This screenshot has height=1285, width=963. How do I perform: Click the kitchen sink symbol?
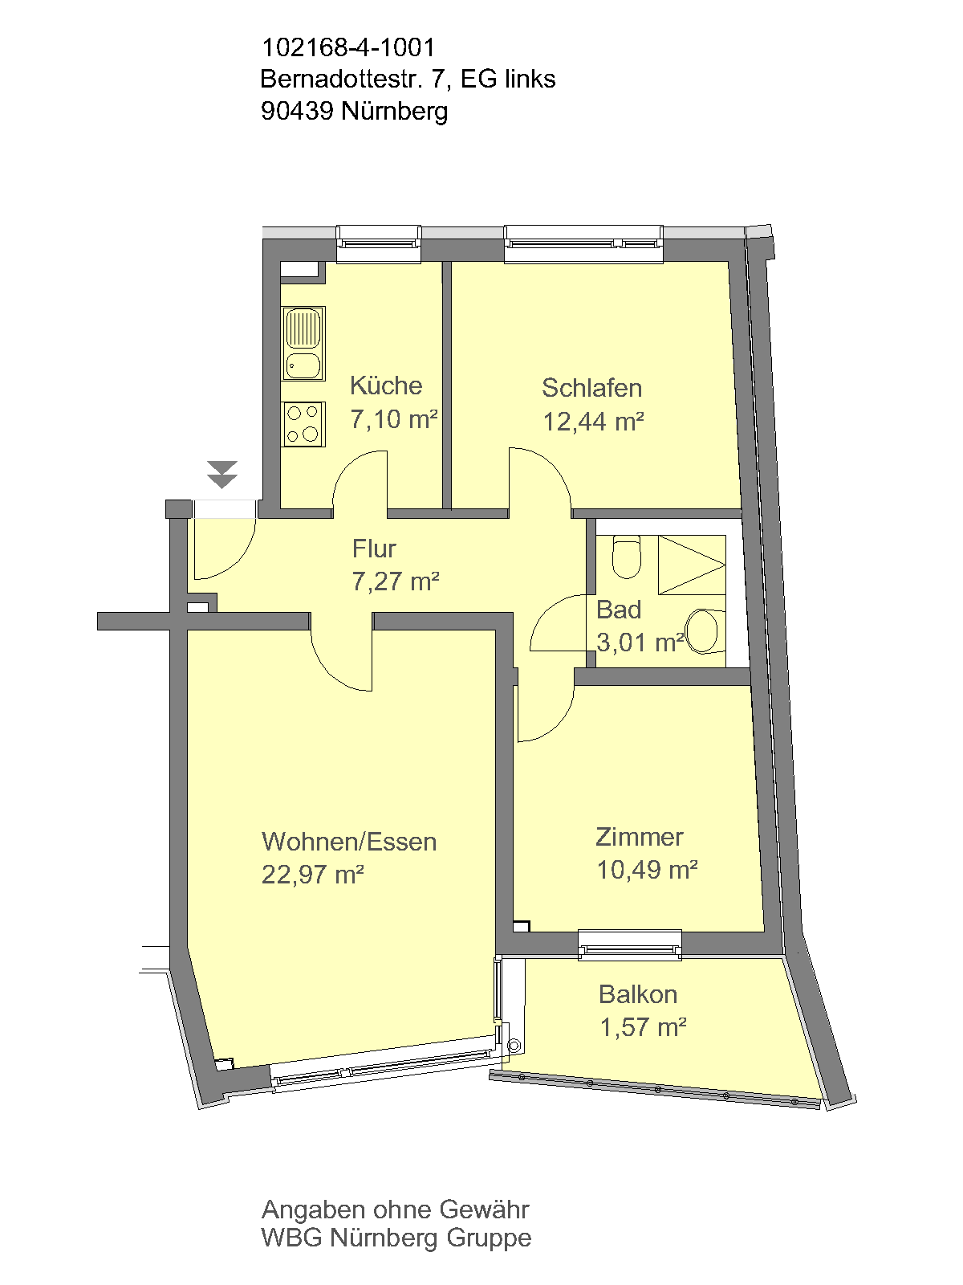click(303, 344)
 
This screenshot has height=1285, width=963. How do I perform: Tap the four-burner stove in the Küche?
click(303, 424)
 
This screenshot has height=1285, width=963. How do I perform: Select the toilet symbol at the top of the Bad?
click(626, 558)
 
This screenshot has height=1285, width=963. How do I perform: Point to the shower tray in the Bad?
click(692, 565)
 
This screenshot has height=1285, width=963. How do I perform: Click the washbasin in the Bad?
click(704, 631)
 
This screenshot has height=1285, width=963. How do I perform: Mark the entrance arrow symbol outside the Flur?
click(222, 474)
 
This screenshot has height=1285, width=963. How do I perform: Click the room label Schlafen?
click(591, 388)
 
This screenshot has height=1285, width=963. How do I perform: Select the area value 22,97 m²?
click(313, 875)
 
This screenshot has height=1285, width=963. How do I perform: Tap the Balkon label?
click(638, 994)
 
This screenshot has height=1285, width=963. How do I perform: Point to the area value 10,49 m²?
click(647, 870)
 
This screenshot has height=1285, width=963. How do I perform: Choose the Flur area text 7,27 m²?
click(396, 581)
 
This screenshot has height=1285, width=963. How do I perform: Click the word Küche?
click(386, 385)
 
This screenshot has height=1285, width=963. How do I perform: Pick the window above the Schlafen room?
click(583, 244)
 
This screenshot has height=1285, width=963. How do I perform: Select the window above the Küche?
click(379, 244)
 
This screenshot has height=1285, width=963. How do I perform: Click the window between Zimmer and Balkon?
click(630, 945)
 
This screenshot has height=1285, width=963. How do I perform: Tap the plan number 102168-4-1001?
click(348, 47)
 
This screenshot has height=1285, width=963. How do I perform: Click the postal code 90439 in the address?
click(297, 111)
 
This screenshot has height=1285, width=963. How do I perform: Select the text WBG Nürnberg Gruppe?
click(396, 1237)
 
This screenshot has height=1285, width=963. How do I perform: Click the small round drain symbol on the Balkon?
click(514, 1046)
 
